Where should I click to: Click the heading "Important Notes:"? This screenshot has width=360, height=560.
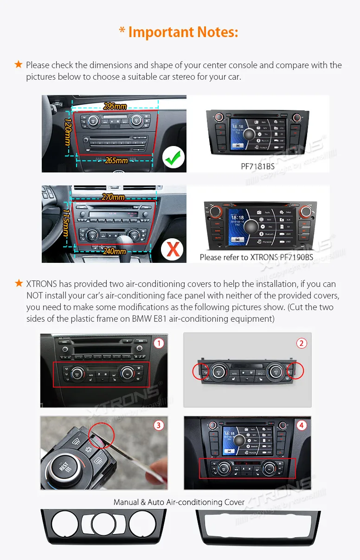tap(179, 32)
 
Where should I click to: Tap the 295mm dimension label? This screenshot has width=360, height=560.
tap(115, 106)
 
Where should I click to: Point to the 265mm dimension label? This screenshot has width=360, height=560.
tap(116, 160)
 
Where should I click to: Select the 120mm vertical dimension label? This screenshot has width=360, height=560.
tap(68, 131)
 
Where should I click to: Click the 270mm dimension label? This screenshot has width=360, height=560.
tap(113, 197)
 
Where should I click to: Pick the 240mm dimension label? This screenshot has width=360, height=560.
tap(114, 251)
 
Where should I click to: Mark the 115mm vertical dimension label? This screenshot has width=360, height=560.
tap(66, 223)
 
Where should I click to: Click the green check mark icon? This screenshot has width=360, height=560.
tap(173, 159)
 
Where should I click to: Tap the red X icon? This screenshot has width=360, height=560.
tap(173, 249)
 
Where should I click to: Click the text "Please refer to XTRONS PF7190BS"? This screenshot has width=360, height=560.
tap(256, 257)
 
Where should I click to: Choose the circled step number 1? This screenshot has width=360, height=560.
tap(159, 343)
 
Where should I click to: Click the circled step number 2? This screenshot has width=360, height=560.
tap(302, 343)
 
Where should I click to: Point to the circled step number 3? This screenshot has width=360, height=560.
tap(159, 425)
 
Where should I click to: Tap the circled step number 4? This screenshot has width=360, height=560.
tap(302, 425)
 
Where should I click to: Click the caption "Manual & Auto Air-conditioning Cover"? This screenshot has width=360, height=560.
tap(179, 502)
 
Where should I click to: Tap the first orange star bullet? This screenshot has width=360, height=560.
tap(19, 64)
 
